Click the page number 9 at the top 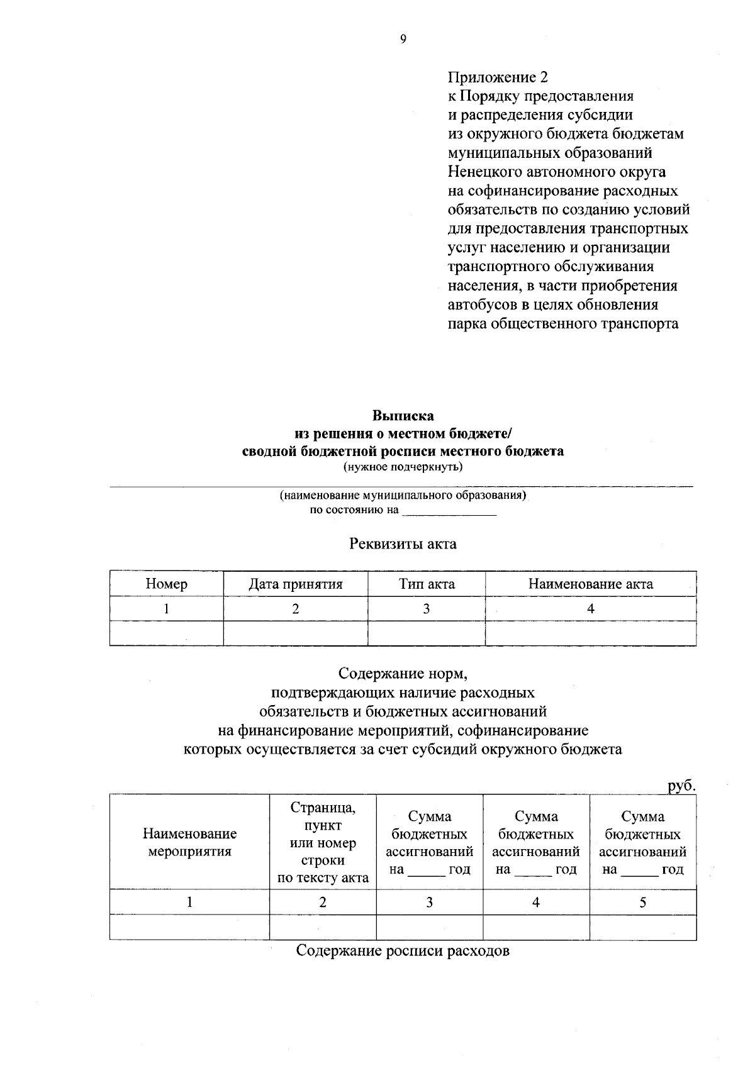(x=403, y=39)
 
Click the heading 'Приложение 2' (x=497, y=77)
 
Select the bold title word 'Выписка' (x=403, y=416)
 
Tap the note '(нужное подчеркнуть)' (x=403, y=467)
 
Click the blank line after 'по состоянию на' (x=449, y=511)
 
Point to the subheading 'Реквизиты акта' (x=403, y=543)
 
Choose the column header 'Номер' (x=166, y=584)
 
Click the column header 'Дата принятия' (x=295, y=584)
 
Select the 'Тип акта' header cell (x=427, y=584)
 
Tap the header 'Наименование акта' (x=590, y=584)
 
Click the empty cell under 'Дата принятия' (x=295, y=633)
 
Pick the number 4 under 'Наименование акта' (x=590, y=609)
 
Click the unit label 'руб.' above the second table (x=681, y=786)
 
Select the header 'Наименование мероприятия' (x=189, y=843)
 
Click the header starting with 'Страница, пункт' (x=323, y=843)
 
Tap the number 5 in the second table (x=642, y=903)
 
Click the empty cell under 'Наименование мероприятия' (x=189, y=927)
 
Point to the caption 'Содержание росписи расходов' (x=403, y=950)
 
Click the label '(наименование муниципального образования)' (x=403, y=495)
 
